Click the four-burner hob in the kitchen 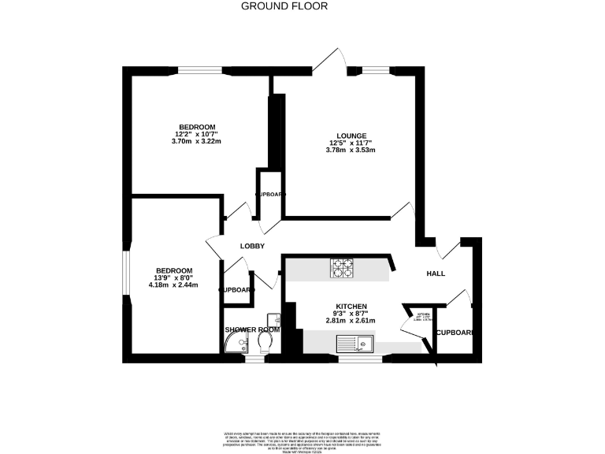tap(343, 269)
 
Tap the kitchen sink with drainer tap(354, 344)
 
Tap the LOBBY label tap(252, 247)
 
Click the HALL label tap(436, 274)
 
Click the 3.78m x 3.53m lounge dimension tap(351, 150)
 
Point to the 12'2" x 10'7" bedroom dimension tap(197, 134)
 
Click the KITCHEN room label tap(351, 306)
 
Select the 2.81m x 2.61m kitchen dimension tap(351, 321)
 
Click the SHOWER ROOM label tap(252, 329)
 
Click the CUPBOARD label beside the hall tap(455, 333)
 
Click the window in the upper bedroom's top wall tap(204, 71)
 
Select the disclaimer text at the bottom tap(302, 439)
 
